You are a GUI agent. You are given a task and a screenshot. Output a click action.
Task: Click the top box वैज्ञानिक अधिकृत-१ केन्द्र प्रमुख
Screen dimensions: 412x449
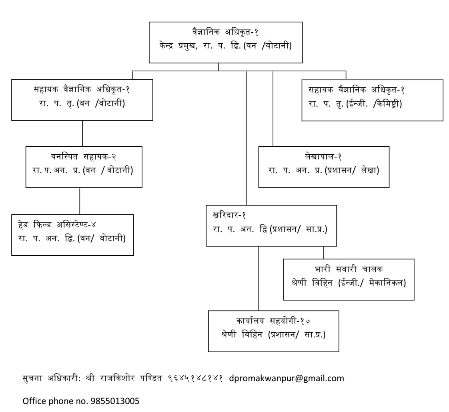pyautogui.click(x=218, y=42)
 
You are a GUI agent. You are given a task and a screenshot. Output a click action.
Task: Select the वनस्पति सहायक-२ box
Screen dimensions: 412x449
pyautogui.click(x=84, y=167)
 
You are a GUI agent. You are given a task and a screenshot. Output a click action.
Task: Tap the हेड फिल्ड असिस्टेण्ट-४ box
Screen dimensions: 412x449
pyautogui.click(x=72, y=235)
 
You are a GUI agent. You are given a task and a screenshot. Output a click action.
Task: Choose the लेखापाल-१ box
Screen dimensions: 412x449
pyautogui.click(x=324, y=167)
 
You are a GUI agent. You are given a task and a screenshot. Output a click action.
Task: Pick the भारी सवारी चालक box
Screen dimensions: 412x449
pyautogui.click(x=349, y=279)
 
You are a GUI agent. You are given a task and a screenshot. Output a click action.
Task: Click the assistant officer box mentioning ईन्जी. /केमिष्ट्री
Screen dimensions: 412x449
pyautogui.click(x=372, y=100)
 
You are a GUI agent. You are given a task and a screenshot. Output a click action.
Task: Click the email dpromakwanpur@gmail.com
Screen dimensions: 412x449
pyautogui.click(x=287, y=378)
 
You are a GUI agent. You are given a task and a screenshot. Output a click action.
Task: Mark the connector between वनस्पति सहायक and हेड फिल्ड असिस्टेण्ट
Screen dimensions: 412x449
pyautogui.click(x=80, y=201)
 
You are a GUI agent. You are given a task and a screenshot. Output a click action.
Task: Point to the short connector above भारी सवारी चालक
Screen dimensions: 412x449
pyautogui.click(x=323, y=252)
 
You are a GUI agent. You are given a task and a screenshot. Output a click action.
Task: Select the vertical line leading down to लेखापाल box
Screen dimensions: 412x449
pyautogui.click(x=273, y=108)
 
